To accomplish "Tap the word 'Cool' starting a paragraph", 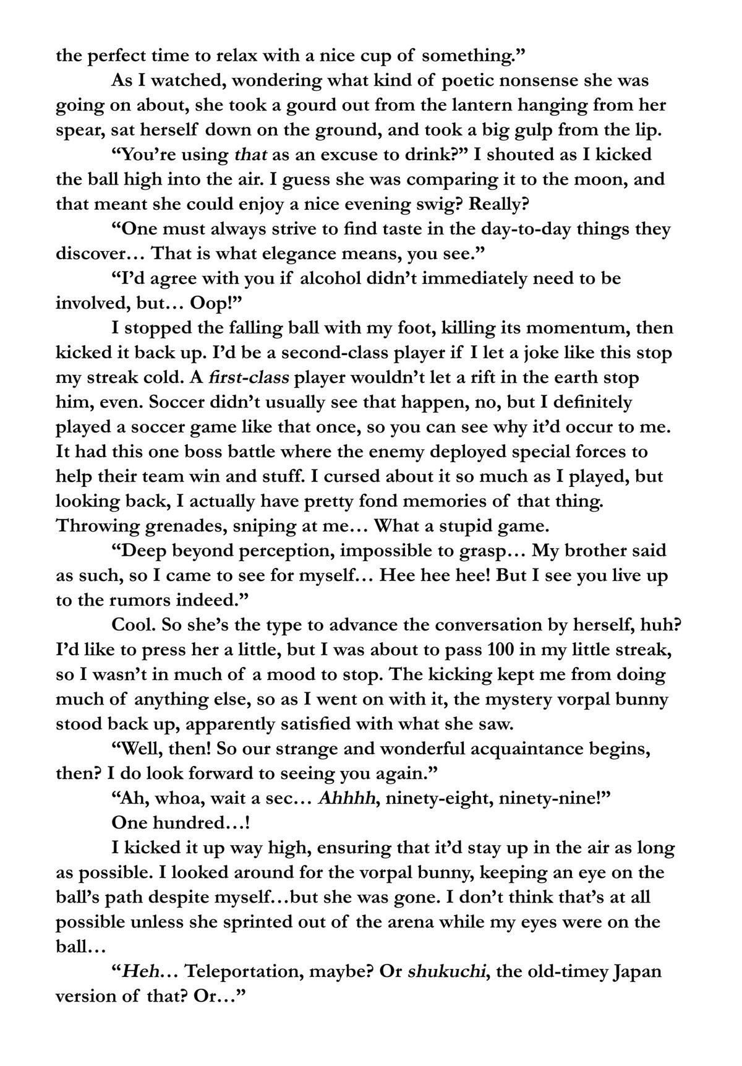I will [x=131, y=625].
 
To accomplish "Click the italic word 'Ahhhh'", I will [x=347, y=798].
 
